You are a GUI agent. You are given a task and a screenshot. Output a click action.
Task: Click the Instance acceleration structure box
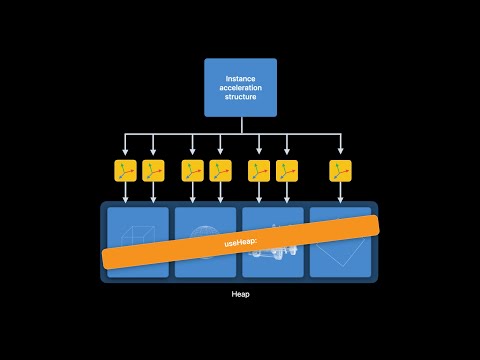pyautogui.click(x=240, y=87)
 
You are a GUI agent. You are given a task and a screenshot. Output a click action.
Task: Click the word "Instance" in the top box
pyautogui.click(x=240, y=77)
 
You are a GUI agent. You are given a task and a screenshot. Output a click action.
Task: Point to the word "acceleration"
pyautogui.click(x=240, y=88)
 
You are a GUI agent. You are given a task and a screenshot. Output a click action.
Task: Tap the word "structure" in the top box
pyautogui.click(x=240, y=99)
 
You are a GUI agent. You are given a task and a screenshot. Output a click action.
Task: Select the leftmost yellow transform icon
pyautogui.click(x=124, y=170)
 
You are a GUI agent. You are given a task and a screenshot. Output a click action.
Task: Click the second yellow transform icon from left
pyautogui.click(x=153, y=170)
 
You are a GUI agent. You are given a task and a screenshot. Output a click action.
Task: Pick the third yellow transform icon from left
pyautogui.click(x=192, y=170)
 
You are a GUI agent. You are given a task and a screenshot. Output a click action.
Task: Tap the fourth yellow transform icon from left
pyautogui.click(x=220, y=170)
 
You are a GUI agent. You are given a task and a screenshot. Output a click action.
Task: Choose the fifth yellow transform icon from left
pyautogui.click(x=259, y=170)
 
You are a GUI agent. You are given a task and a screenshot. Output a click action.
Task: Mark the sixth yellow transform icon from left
pyautogui.click(x=287, y=170)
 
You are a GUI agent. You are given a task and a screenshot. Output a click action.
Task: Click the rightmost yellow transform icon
pyautogui.click(x=341, y=170)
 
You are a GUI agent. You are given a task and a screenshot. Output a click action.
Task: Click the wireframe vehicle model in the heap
pyautogui.click(x=272, y=256)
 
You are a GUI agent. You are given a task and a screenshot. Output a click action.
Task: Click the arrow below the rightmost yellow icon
pyautogui.click(x=341, y=194)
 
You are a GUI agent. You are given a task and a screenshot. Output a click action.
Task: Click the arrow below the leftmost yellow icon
pyautogui.click(x=124, y=194)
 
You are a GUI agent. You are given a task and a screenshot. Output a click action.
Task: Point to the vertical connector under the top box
pyautogui.click(x=240, y=125)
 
